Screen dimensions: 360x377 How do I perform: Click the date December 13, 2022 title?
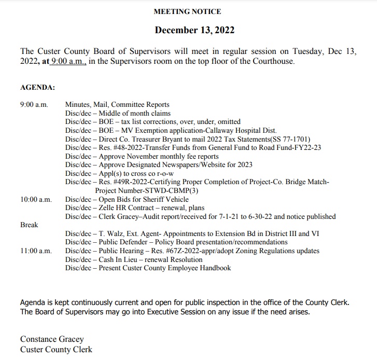click(x=194, y=30)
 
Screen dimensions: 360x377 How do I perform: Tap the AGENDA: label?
click(x=37, y=88)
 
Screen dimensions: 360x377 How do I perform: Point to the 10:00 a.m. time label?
click(x=36, y=199)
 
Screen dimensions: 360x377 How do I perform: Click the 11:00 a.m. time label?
click(x=36, y=251)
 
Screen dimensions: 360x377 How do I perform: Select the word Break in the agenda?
click(x=29, y=225)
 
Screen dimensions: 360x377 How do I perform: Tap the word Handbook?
click(x=214, y=268)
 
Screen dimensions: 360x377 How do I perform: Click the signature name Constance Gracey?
click(x=52, y=339)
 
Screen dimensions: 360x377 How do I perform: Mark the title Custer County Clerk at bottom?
click(x=57, y=349)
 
